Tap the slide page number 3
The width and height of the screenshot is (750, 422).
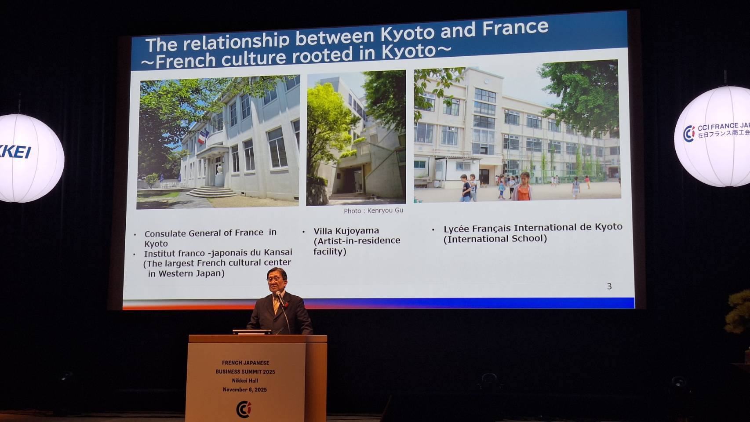[609, 286]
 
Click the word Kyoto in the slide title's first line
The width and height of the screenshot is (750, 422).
[408, 33]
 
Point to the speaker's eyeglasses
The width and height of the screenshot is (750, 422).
[275, 279]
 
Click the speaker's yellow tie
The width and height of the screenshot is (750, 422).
[277, 305]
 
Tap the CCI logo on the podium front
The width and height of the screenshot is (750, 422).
[244, 409]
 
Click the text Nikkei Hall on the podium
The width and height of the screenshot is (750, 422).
[245, 381]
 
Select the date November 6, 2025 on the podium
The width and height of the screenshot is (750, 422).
[245, 389]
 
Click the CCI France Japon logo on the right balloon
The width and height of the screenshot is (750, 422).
[717, 132]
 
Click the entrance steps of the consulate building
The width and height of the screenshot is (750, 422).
[211, 192]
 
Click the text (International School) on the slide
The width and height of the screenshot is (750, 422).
[495, 239]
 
